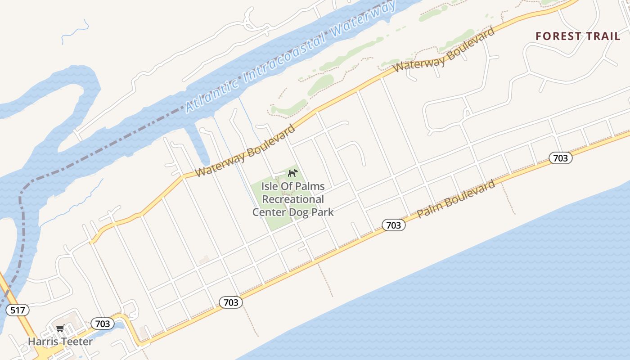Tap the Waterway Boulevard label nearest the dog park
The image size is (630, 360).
click(245, 151)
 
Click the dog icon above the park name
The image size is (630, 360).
click(292, 173)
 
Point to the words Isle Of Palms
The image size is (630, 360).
click(293, 186)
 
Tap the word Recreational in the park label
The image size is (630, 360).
click(293, 199)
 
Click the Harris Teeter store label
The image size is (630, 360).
click(60, 342)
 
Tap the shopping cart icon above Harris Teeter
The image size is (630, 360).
click(60, 328)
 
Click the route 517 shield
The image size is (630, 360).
click(18, 310)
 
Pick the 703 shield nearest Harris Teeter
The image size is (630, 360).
click(103, 324)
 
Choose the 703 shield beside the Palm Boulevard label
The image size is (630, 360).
click(394, 225)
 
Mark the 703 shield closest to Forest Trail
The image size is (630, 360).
click(560, 158)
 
